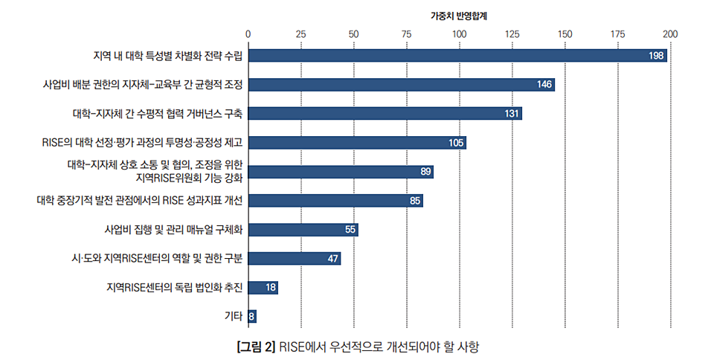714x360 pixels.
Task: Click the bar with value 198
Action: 457,56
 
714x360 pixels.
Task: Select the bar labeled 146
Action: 402,85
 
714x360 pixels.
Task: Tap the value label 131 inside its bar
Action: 511,114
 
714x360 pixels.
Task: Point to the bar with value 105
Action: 357,143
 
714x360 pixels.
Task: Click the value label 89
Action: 425,172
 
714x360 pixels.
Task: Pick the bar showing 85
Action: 335,200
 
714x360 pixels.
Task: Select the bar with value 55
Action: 303,229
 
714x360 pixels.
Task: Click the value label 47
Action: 333,258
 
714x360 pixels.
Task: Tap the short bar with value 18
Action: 263,287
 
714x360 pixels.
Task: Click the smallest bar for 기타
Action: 252,316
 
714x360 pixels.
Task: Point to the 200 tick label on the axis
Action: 670,33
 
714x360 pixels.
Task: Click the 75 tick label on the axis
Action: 406,33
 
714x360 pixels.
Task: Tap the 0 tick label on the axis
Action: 248,33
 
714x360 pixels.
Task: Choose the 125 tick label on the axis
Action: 512,33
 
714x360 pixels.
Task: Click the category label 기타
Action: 234,316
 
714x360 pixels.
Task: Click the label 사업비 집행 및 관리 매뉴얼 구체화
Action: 175,229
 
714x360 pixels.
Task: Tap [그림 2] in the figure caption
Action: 255,347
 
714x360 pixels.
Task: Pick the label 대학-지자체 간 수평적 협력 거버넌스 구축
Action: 158,114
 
